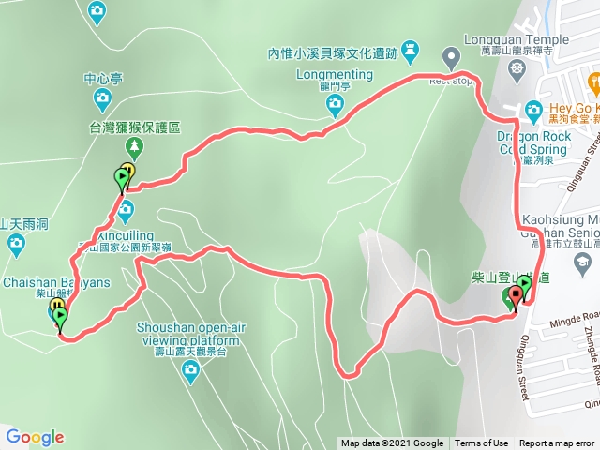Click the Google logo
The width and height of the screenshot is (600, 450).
[35, 437]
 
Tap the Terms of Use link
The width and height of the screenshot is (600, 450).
[482, 443]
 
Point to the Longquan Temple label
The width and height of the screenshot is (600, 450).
[516, 39]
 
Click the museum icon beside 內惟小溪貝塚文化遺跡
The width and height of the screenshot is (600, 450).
[410, 49]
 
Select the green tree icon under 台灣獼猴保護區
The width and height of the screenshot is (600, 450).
[133, 146]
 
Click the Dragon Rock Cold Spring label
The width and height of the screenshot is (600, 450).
[521, 142]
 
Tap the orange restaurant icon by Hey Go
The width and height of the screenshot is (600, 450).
[533, 110]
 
